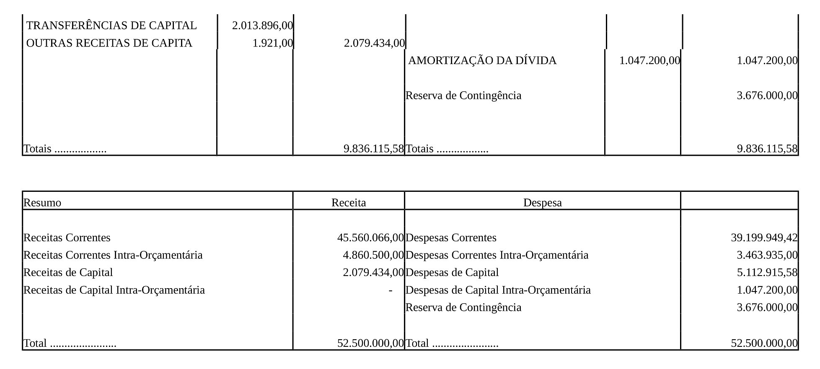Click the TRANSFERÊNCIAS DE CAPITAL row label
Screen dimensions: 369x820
pos(111,26)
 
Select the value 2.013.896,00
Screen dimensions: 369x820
pos(262,26)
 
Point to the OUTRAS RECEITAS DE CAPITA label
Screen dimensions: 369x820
pos(109,43)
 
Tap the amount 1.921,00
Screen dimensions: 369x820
pos(273,43)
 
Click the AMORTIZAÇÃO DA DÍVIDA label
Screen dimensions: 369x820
pos(482,61)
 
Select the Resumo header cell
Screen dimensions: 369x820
pos(42,203)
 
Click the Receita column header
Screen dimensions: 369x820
pos(349,203)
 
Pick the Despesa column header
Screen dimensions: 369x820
pos(542,203)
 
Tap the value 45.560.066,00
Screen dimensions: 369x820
pos(370,238)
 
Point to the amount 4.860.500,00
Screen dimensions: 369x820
pos(373,255)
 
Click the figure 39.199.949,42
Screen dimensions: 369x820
pos(764,238)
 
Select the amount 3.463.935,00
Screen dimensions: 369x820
pos(767,255)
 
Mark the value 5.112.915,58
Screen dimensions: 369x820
pos(767,273)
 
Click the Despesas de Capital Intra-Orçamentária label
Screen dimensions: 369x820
pos(498,290)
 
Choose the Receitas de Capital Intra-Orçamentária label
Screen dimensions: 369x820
pos(114,290)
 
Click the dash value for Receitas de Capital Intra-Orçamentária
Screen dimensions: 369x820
pos(391,290)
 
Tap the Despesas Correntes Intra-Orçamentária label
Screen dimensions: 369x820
pos(497,255)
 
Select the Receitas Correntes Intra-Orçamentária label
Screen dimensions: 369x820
pos(113,255)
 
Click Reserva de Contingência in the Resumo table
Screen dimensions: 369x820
pos(463,307)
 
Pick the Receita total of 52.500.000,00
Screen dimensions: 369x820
pos(370,343)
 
